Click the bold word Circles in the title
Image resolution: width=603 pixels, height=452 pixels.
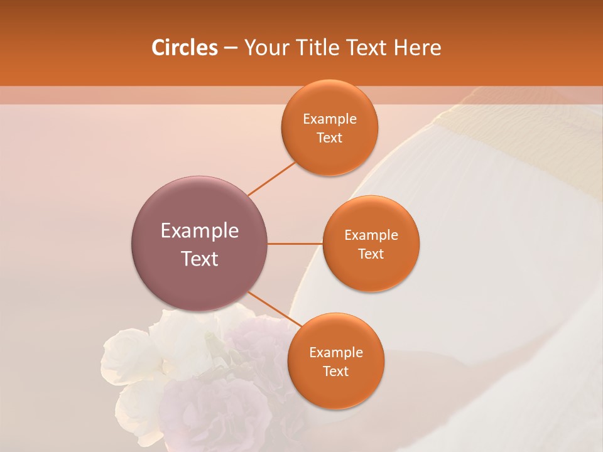click(x=184, y=48)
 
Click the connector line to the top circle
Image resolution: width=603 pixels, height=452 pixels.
click(x=271, y=178)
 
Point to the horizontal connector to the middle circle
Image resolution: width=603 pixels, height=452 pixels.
click(x=295, y=244)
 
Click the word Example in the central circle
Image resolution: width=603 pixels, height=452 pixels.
click(x=200, y=231)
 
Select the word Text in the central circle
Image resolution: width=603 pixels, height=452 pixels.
click(x=200, y=259)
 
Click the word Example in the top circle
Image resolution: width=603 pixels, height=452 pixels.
click(x=330, y=119)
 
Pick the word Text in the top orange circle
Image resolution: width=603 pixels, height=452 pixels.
click(x=330, y=138)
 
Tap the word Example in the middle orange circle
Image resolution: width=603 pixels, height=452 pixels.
click(x=371, y=235)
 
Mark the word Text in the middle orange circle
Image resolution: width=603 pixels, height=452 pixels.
click(x=371, y=254)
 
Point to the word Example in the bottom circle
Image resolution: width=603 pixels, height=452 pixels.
click(x=336, y=353)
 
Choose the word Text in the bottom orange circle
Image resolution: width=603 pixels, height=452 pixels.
click(x=336, y=372)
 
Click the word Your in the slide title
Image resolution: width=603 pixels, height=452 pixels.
click(x=263, y=48)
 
